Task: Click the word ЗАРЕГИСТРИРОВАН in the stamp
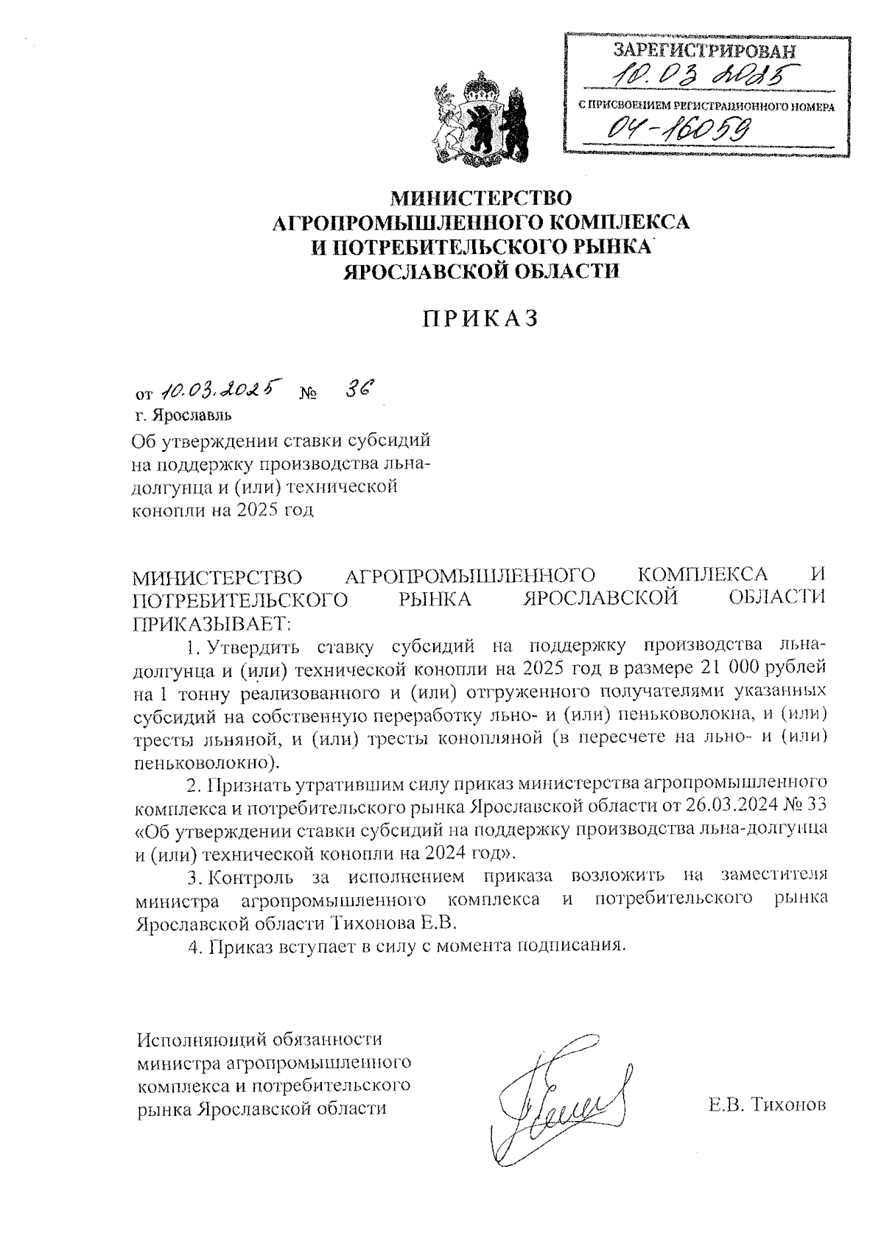[705, 51]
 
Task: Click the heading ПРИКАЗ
[480, 318]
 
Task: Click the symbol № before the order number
[308, 393]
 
